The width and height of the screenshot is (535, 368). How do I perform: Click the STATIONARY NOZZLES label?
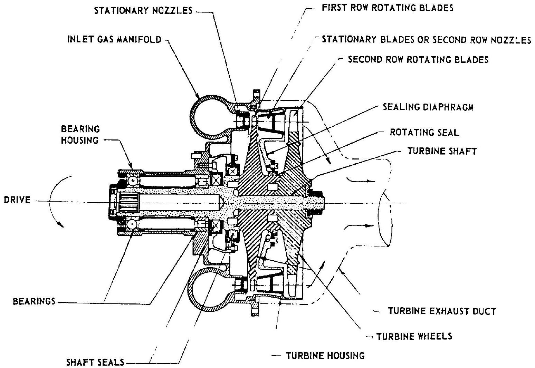143,11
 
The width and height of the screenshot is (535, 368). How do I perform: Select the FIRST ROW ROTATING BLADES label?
387,8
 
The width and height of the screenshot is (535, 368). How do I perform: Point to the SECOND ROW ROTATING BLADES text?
418,60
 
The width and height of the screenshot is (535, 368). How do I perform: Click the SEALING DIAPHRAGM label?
428,107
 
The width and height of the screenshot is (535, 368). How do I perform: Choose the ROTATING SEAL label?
424,133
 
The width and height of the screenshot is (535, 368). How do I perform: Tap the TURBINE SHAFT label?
442,151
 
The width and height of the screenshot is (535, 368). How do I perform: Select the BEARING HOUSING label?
80,135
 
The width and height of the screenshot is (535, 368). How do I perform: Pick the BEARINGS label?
34,302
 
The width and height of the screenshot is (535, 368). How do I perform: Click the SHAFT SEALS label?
95,362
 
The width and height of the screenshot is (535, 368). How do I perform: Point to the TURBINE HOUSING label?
325,355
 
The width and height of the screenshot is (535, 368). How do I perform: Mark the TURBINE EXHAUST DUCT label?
442,311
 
